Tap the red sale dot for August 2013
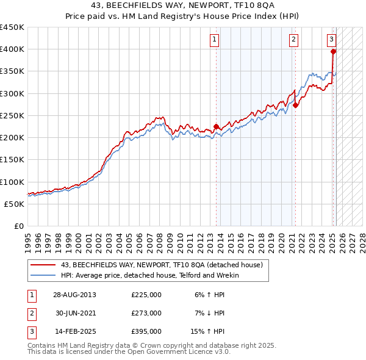coord(216,127)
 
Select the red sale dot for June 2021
coord(295,105)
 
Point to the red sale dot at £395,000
coord(333,52)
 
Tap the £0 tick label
coord(18,226)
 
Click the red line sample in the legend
coord(43,265)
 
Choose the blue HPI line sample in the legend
coord(43,275)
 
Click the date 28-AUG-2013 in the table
coord(74,295)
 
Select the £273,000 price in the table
coord(146,313)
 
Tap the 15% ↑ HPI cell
coord(210,331)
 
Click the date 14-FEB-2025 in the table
coord(74,331)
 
